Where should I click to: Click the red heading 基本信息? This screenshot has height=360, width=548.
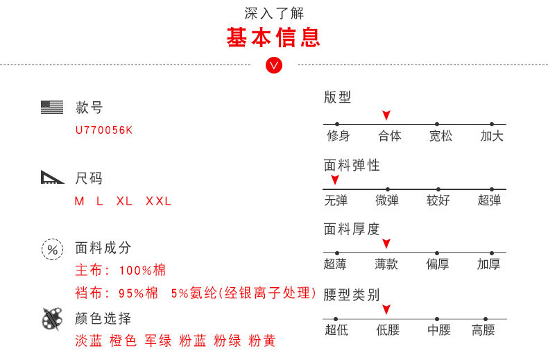point(273,37)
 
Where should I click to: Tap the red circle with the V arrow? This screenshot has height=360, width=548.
point(273,65)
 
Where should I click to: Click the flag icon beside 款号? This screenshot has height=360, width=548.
point(52,107)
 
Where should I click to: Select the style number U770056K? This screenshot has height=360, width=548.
point(104,130)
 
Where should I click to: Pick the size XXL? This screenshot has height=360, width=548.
point(159,201)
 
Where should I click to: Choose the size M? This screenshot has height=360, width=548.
point(79,201)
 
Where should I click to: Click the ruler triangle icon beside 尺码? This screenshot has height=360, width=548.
point(52,177)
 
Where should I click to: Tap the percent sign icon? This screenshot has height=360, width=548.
point(53,250)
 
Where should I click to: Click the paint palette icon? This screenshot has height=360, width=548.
point(52,319)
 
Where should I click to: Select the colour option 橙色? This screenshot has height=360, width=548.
point(123,341)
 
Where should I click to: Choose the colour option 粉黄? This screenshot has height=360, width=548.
point(262,341)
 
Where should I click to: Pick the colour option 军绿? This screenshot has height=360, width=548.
point(158,341)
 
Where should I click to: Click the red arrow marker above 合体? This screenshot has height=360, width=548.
point(386,115)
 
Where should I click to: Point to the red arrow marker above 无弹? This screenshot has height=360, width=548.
point(335,180)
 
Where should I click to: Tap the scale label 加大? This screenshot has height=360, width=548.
point(492,136)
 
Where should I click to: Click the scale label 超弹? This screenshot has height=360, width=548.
point(489,200)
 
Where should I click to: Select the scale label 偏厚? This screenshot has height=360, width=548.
point(438,264)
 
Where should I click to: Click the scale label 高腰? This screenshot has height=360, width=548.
point(483,330)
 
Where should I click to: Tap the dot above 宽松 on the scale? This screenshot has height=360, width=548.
point(437,124)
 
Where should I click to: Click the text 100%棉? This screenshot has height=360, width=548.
point(143,271)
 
